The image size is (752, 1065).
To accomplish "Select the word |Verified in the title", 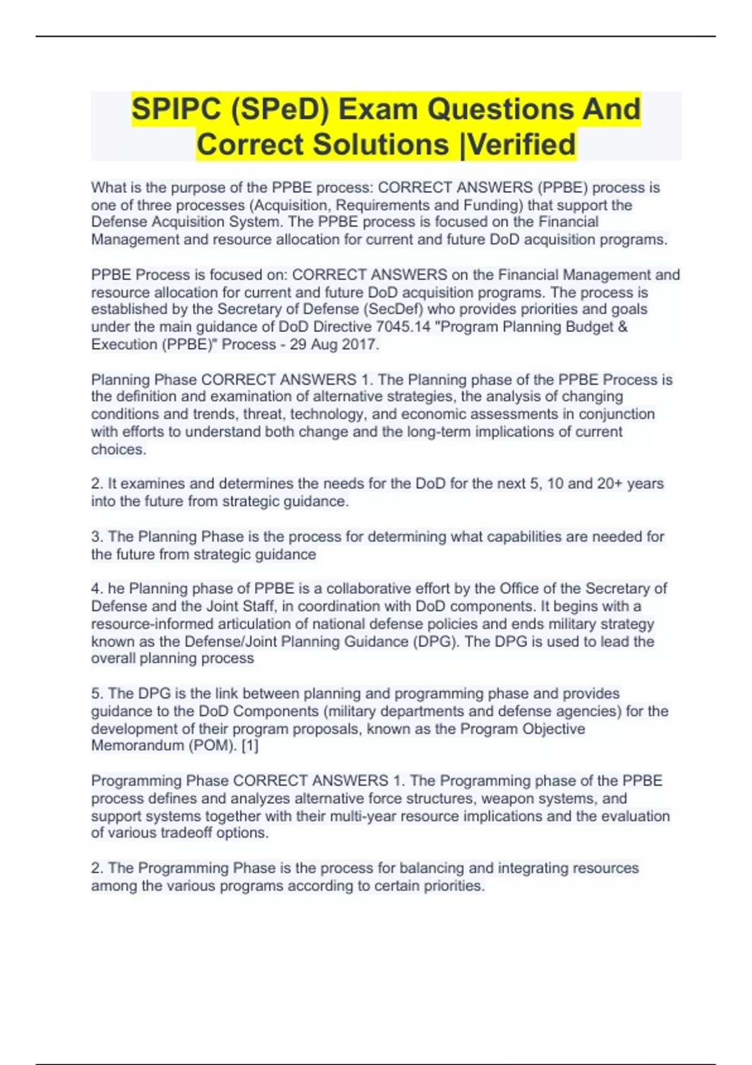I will point(517,144).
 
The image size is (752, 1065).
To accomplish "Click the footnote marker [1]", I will point(250,746).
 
